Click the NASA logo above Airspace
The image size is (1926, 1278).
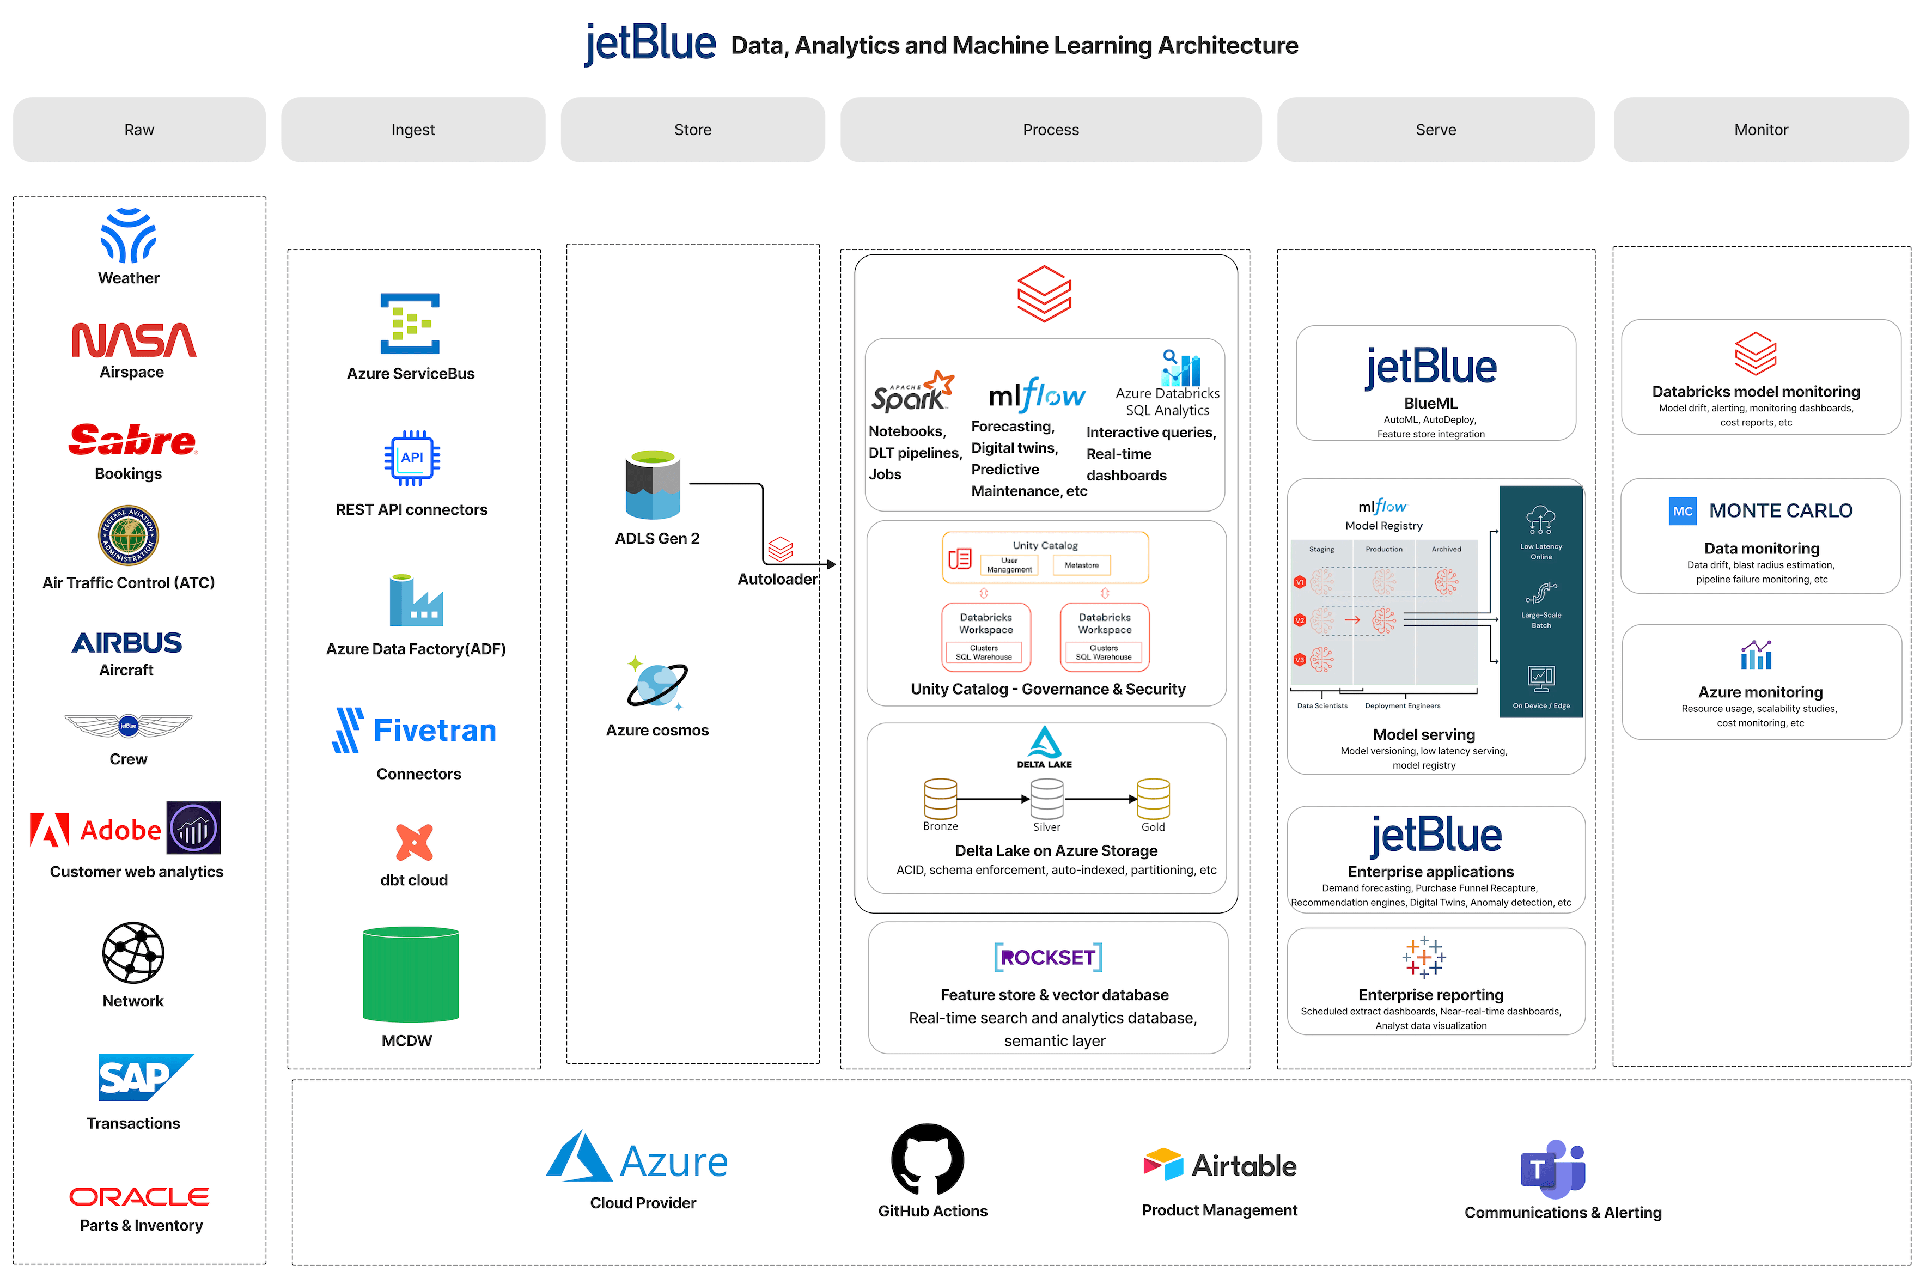133,340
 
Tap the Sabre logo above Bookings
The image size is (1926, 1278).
132,440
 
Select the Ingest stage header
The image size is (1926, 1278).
413,130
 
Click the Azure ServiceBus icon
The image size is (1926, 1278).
410,324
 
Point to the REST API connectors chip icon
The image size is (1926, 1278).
411,458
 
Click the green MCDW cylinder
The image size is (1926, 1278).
411,974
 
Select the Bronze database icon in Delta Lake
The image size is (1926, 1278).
940,798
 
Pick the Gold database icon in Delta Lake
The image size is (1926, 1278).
1153,799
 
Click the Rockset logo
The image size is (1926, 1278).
1048,958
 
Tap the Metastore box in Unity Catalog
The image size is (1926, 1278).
1081,565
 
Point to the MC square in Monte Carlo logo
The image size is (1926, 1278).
1683,511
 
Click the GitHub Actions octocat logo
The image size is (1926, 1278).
928,1159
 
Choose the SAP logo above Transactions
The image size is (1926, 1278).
145,1078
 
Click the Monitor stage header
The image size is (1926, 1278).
1760,130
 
